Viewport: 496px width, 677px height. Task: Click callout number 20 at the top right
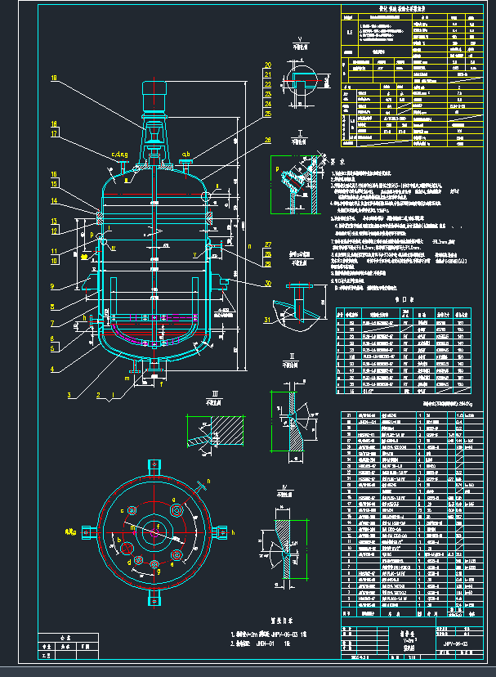click(x=267, y=65)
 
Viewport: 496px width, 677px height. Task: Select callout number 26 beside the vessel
click(x=267, y=140)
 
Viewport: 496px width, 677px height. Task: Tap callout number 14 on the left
click(x=54, y=201)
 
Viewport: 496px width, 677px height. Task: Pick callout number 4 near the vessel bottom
click(x=54, y=369)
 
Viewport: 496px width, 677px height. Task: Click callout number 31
click(x=267, y=318)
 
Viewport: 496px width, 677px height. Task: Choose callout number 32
click(x=267, y=284)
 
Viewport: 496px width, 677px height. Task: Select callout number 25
click(x=267, y=114)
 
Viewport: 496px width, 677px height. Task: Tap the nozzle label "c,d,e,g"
click(x=119, y=154)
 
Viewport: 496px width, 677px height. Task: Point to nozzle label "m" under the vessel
click(x=127, y=379)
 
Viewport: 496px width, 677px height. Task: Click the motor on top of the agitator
click(x=154, y=96)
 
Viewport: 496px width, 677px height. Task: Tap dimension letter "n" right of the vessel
click(x=248, y=244)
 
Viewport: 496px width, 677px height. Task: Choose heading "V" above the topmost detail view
click(x=301, y=39)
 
